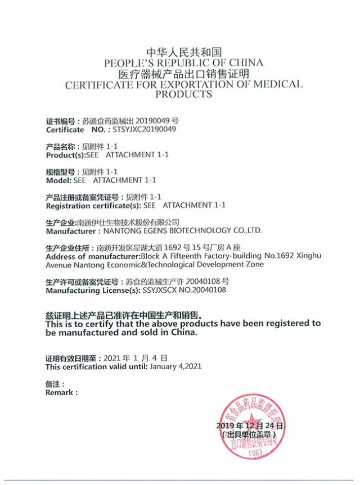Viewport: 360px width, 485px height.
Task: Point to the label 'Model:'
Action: point(58,180)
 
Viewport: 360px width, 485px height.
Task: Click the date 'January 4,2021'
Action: point(175,366)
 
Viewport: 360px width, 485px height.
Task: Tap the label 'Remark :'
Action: point(61,393)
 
